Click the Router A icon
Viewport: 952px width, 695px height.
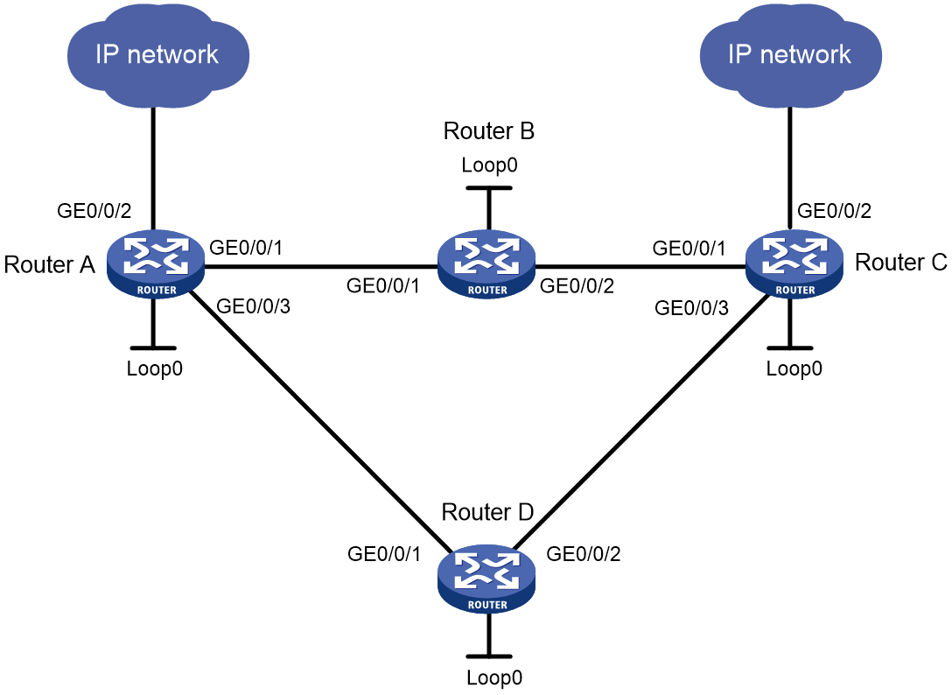pos(156,264)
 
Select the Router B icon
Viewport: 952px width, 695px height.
pos(486,265)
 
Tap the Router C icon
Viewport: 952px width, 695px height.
pos(794,264)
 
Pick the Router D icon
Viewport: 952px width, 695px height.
pos(486,579)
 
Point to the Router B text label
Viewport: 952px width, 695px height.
pos(489,130)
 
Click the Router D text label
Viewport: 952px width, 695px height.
pos(487,512)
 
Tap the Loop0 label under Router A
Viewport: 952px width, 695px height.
pos(154,369)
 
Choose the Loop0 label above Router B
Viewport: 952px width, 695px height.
pos(489,165)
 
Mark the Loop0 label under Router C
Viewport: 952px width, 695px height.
pos(794,369)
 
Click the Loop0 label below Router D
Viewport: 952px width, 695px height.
pos(494,677)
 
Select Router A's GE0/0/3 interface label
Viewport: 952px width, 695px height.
pos(253,306)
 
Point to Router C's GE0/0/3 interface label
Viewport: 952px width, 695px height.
pos(691,308)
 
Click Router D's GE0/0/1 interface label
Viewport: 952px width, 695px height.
pos(384,553)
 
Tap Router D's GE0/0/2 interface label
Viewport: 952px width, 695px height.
pos(584,553)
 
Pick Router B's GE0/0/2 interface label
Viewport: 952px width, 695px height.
pos(577,285)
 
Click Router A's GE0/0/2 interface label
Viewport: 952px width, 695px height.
pos(94,211)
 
